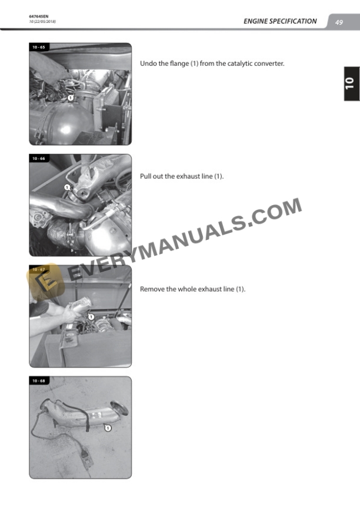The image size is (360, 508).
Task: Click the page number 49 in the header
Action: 339,22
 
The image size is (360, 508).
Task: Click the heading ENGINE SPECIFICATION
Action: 280,21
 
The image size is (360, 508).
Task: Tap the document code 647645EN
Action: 39,16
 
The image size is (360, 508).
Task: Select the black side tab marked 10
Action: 352,83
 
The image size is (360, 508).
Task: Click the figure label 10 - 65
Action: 39,47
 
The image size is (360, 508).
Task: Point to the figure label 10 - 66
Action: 39,158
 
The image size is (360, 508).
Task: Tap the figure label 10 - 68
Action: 39,380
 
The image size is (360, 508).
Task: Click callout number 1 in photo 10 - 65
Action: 71,98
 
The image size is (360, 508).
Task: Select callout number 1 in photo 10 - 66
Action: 67,187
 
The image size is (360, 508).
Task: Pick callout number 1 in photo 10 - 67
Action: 91,317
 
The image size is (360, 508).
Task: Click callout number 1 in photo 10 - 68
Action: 108,428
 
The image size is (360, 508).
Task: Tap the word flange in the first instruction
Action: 179,63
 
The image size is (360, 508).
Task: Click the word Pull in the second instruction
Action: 145,176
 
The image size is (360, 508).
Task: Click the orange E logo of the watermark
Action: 45,280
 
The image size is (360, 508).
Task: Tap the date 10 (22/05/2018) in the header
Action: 42,22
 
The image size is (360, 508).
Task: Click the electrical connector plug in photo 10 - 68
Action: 87,456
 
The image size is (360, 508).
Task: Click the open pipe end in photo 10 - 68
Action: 119,408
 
